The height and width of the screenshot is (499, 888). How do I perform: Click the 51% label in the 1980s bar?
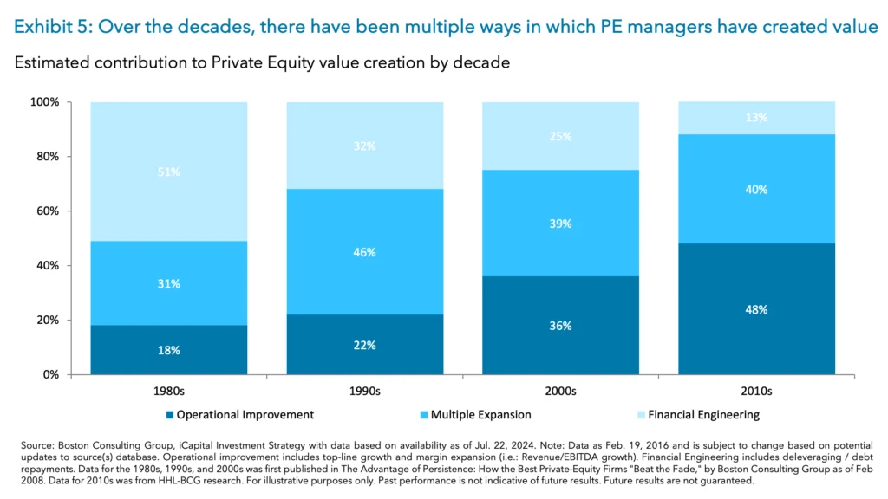pyautogui.click(x=169, y=172)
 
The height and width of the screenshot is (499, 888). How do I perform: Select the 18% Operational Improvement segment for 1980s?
pyautogui.click(x=169, y=350)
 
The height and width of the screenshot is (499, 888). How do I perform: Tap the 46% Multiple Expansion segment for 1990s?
pyautogui.click(x=365, y=252)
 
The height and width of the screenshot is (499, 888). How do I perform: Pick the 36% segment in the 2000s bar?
pyautogui.click(x=560, y=326)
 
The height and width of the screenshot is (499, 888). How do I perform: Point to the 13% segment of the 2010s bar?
pyautogui.click(x=756, y=118)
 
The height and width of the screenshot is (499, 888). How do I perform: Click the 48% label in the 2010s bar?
pyautogui.click(x=756, y=309)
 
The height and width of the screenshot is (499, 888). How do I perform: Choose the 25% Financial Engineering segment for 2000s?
pyautogui.click(x=560, y=136)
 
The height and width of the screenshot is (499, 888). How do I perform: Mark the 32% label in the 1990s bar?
pyautogui.click(x=365, y=146)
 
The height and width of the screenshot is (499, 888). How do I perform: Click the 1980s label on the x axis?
pyautogui.click(x=169, y=391)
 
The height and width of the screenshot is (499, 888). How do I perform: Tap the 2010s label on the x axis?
pyautogui.click(x=756, y=391)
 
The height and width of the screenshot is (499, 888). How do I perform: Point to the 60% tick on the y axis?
pyautogui.click(x=47, y=211)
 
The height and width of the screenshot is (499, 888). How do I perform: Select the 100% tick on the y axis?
pyautogui.click(x=44, y=102)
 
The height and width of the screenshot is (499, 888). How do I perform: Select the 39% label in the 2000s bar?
pyautogui.click(x=560, y=224)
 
